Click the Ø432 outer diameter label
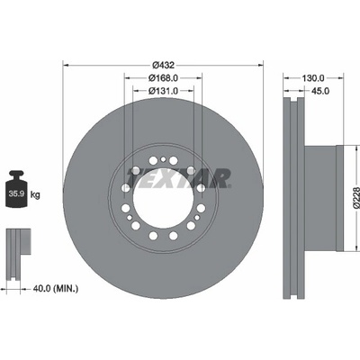[163, 65]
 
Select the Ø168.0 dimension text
[163, 78]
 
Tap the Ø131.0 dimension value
[163, 90]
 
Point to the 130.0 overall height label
[313, 78]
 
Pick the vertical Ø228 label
[356, 198]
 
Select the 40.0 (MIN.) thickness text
[56, 289]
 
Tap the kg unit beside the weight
[35, 195]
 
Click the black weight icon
[16, 189]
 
